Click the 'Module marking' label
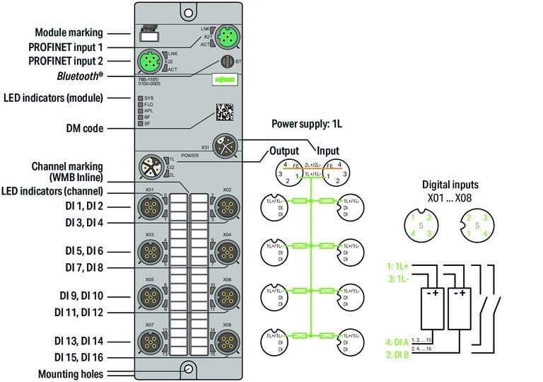coord(69,33)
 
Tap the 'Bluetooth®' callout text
coord(79,75)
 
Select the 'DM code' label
coord(83,129)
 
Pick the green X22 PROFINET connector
coord(148,61)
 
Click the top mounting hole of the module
coord(187,12)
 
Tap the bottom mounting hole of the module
coord(187,369)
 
